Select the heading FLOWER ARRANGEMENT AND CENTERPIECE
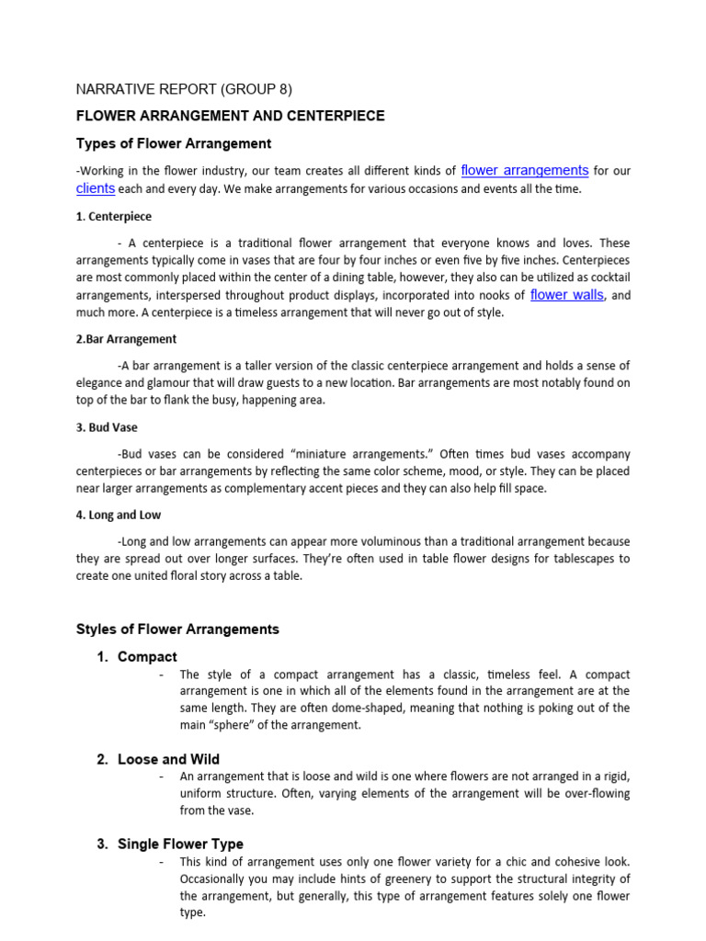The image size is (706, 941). (230, 116)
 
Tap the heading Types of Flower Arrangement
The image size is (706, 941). (173, 143)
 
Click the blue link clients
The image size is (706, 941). (95, 188)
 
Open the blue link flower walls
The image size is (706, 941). (567, 295)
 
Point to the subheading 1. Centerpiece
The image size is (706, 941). (113, 217)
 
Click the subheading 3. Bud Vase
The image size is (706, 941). (106, 427)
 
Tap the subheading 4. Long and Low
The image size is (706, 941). (118, 516)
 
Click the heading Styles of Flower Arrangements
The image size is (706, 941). (176, 629)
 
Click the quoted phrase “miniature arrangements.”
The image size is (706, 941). (355, 454)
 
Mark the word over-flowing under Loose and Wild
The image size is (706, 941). (594, 793)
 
